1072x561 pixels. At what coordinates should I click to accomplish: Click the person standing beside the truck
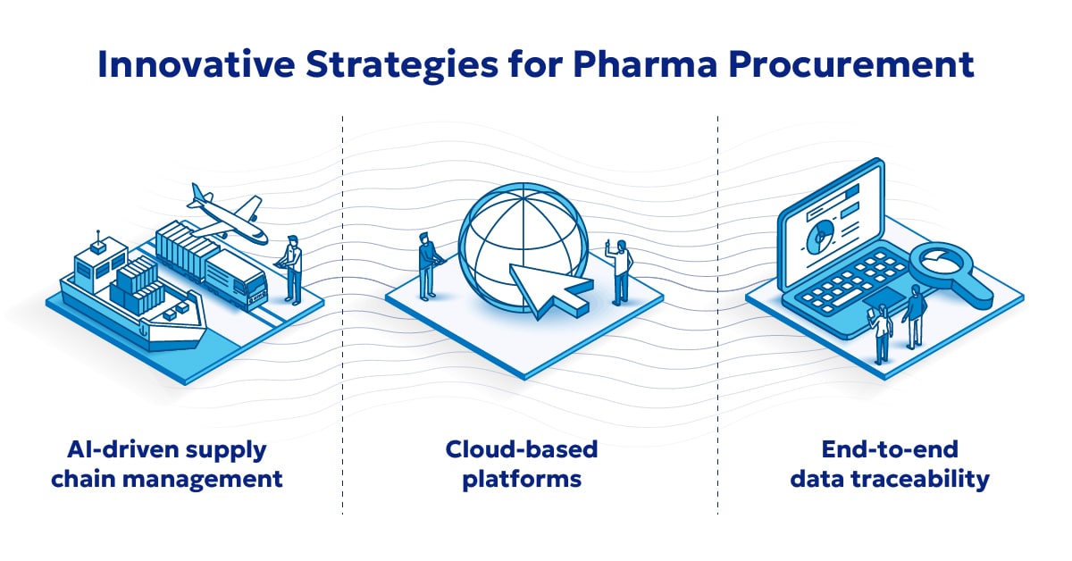[292, 268]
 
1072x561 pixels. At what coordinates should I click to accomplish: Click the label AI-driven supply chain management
[166, 464]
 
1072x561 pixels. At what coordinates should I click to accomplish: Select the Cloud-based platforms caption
[522, 464]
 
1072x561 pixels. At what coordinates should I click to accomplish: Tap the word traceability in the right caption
[937, 479]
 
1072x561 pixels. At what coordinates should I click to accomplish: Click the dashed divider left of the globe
[343, 313]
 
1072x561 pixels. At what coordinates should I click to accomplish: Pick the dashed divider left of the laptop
[718, 313]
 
